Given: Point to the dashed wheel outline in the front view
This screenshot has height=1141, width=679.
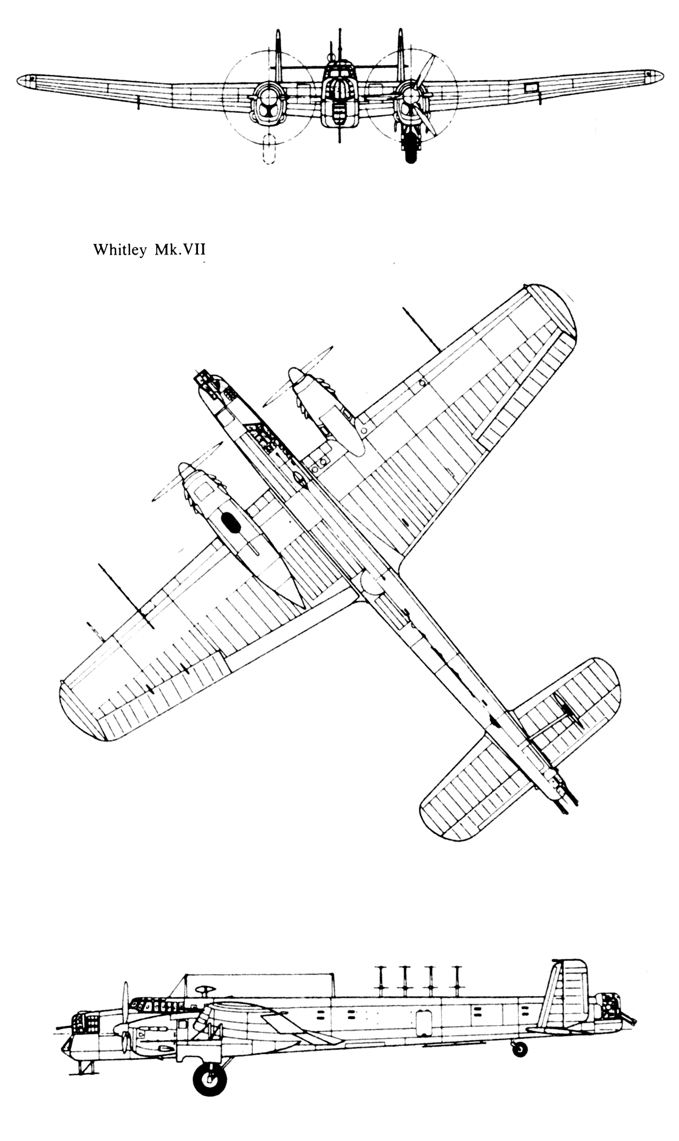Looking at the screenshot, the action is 270,149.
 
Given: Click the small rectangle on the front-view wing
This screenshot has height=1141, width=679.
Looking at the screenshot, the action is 531,87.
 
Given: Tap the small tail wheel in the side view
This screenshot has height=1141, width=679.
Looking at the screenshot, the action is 519,1049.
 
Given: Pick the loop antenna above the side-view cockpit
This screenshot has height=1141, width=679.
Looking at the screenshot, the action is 205,989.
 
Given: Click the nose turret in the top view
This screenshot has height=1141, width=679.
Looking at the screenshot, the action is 207,380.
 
